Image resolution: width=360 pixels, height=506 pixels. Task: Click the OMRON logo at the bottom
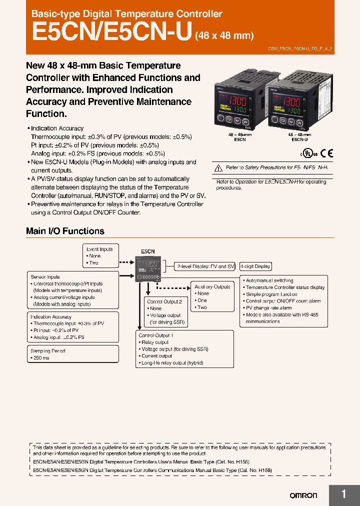(x=303, y=495)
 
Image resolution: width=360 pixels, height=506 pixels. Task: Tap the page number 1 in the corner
(x=343, y=494)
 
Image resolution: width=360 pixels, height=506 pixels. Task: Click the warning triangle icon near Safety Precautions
(x=217, y=168)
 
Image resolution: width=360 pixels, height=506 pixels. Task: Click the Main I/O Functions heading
(x=65, y=231)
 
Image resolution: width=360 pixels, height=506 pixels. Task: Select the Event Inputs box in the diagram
(x=99, y=249)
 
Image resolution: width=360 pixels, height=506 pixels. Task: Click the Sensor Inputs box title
(x=45, y=276)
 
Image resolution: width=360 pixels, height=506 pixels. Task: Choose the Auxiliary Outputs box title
(x=212, y=287)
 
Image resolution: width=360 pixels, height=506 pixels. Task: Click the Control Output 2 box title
(x=164, y=301)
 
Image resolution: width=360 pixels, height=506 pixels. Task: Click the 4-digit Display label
(x=255, y=266)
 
